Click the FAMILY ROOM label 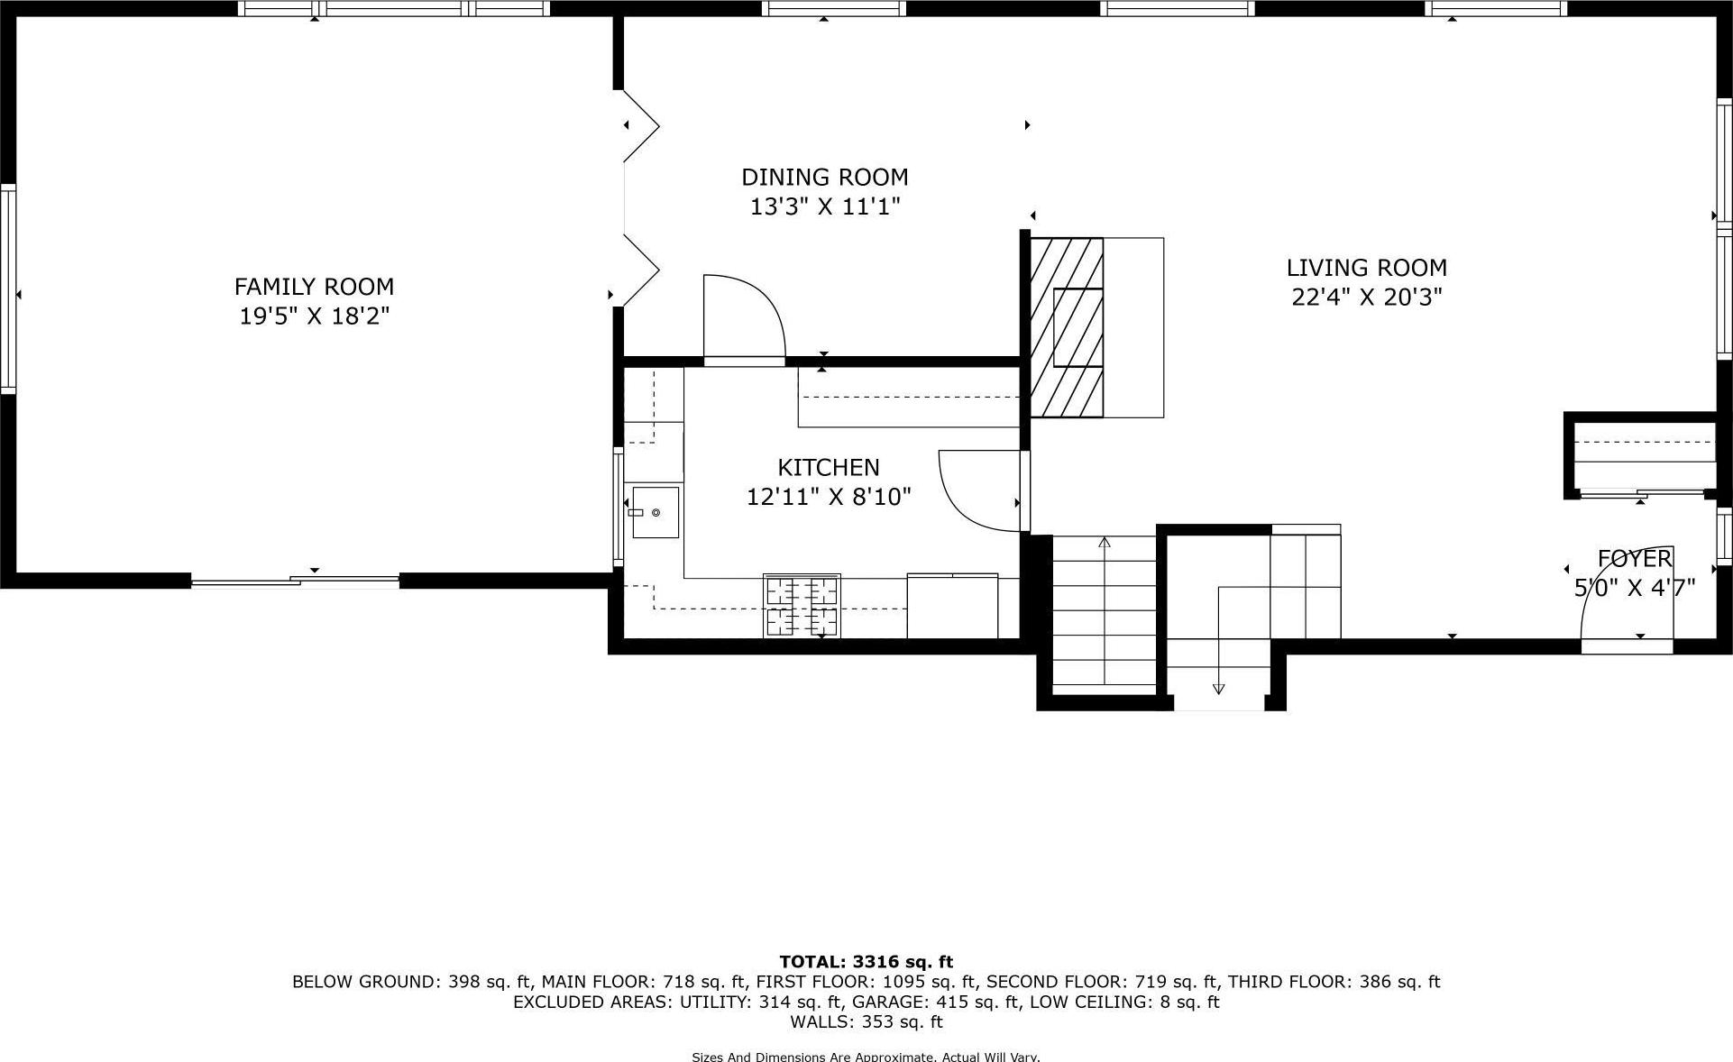click(314, 287)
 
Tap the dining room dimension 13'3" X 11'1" click(825, 207)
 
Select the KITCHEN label click(828, 467)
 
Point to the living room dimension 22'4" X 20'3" click(1366, 298)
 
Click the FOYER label click(1634, 559)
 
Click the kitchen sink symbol click(655, 512)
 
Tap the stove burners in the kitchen click(802, 606)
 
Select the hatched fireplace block click(1067, 327)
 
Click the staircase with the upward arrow click(1104, 613)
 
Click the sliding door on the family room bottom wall click(296, 581)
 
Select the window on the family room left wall click(7, 288)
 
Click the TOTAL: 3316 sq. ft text click(866, 962)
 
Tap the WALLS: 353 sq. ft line click(866, 1021)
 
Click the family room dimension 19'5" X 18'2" click(314, 316)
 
